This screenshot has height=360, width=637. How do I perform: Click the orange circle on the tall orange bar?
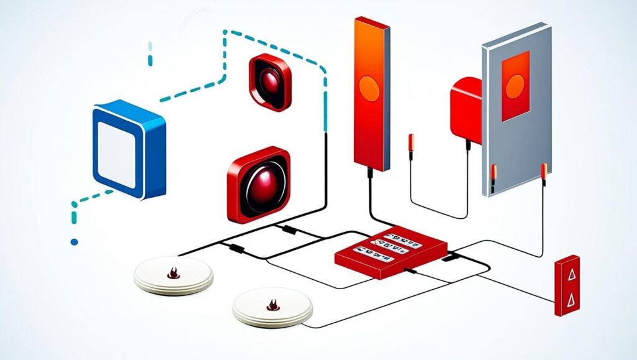[x=370, y=89]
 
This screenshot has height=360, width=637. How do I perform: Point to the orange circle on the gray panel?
[x=515, y=86]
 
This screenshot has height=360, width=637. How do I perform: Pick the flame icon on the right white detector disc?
[x=272, y=305]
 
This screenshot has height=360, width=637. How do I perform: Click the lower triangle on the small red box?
[x=570, y=301]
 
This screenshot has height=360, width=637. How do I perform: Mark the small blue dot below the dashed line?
[x=75, y=242]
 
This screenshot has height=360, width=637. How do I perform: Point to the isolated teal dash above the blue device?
[x=150, y=53]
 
